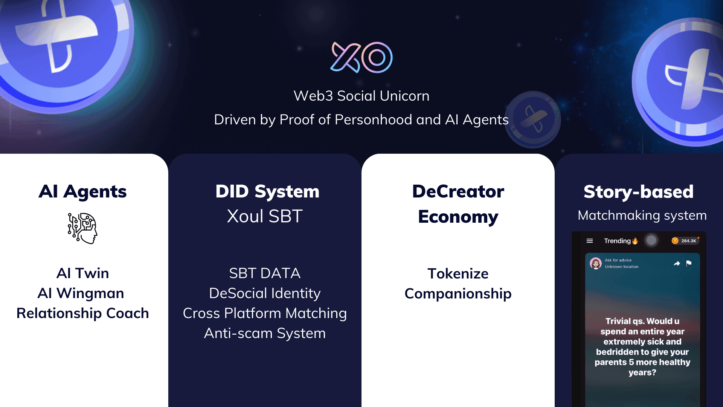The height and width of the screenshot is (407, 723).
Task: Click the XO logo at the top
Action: (361, 57)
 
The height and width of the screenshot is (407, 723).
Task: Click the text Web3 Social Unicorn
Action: (361, 96)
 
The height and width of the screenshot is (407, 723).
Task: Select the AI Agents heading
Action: (82, 192)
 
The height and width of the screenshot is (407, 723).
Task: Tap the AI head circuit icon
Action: (82, 228)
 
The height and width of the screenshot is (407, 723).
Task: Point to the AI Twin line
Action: (82, 273)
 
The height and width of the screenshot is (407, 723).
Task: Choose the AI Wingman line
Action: (81, 293)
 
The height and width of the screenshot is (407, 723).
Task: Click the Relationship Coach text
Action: (82, 313)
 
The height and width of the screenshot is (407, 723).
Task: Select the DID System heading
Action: (267, 191)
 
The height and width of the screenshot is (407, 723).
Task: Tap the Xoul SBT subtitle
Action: (265, 216)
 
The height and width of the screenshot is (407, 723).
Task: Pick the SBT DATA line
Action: (265, 273)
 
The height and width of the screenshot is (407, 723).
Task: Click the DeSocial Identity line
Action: (265, 293)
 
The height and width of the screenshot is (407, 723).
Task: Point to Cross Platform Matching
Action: (265, 313)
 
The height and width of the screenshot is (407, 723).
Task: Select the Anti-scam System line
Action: (265, 333)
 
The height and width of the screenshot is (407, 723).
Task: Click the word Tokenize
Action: (458, 274)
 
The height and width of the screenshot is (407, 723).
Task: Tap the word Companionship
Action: (458, 294)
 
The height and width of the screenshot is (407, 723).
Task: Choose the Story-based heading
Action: (639, 192)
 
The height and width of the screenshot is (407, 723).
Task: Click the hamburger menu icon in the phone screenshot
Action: (590, 241)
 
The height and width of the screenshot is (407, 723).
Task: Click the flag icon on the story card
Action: (689, 263)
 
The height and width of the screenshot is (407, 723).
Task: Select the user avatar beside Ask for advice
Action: (596, 263)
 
